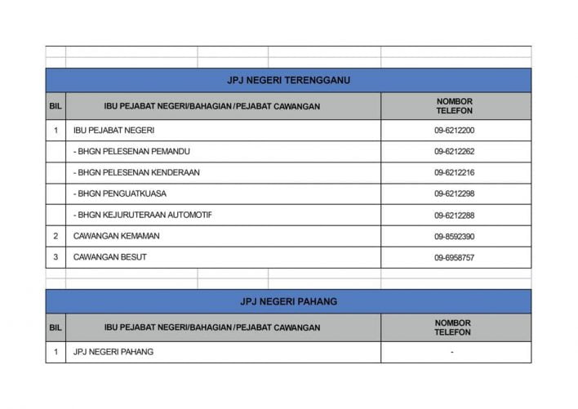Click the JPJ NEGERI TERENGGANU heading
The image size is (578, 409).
pos(288,80)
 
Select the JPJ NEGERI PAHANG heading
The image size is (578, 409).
pos(288,301)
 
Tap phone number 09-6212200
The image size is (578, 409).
pos(455,131)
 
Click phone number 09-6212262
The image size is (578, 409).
pos(455,152)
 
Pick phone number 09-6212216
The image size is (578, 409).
pos(455,173)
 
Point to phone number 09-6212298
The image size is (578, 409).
pos(455,194)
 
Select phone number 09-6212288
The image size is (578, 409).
pos(455,216)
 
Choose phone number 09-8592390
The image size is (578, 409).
pos(455,237)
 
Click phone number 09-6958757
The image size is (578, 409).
pos(455,258)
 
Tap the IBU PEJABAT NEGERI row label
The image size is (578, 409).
pos(113,131)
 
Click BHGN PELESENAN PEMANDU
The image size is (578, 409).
pos(131,152)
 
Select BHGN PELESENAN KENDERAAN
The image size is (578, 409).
pos(136,173)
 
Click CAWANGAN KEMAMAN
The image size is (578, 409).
pos(116,237)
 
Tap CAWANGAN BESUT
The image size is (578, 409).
pos(110,258)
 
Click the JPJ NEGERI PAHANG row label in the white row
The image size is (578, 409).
pos(113,352)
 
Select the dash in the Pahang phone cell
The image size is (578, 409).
pos(451,353)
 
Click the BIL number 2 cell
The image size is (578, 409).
pos(56,237)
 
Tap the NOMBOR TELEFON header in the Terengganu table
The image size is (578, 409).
pos(455,106)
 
